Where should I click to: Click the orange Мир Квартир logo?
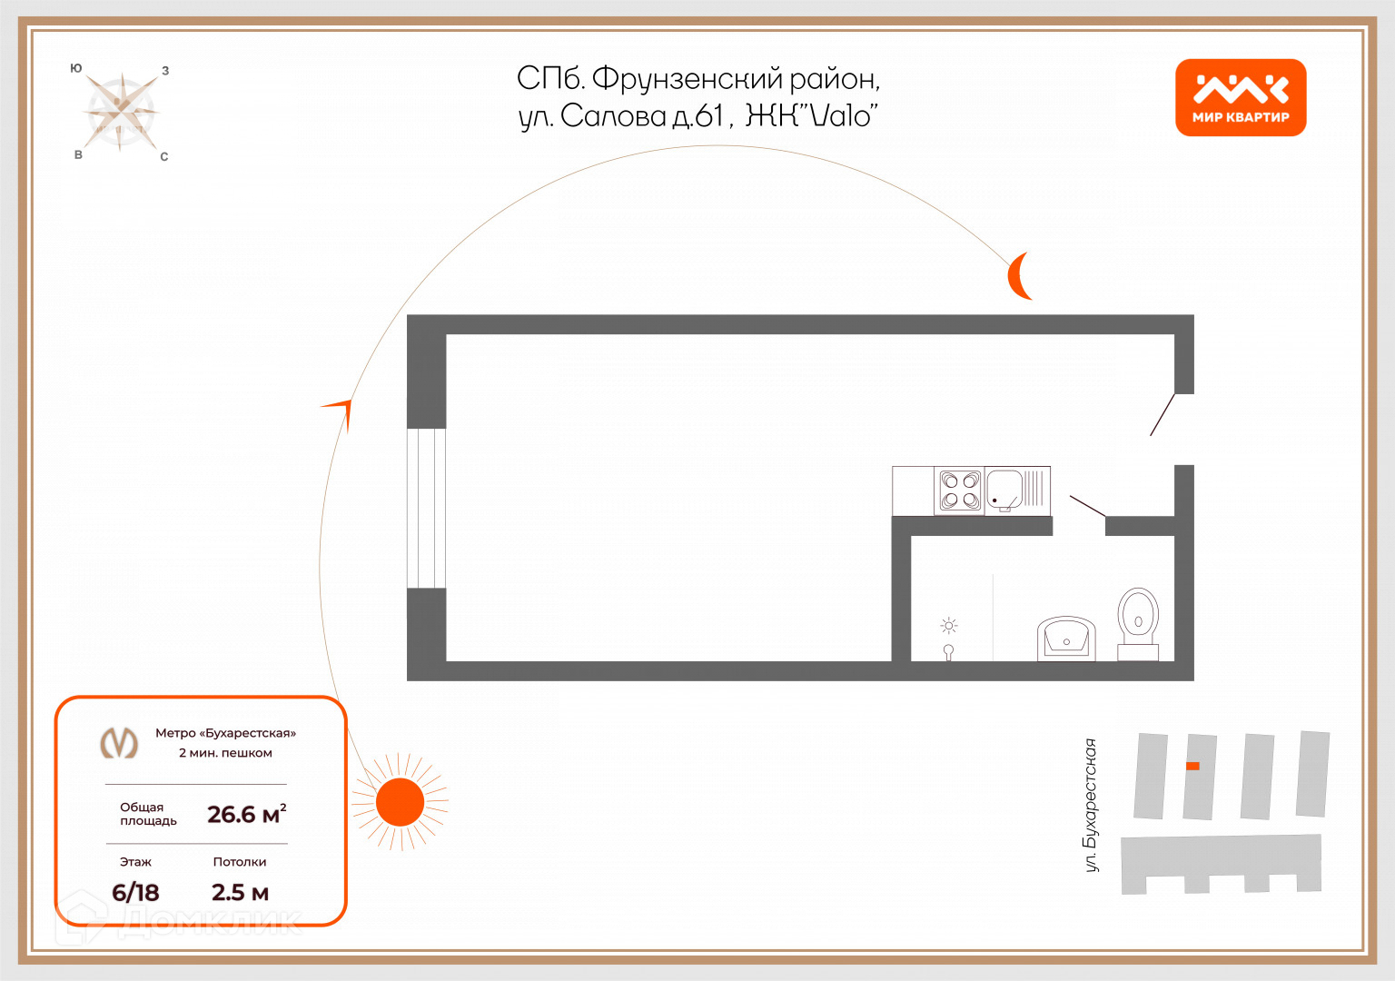point(1240,97)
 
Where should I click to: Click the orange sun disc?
point(400,802)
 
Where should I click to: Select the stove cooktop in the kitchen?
point(959,490)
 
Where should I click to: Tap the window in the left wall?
point(426,508)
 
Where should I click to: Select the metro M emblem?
point(119,742)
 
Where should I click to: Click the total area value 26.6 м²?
point(246,814)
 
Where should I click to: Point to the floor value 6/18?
point(135,892)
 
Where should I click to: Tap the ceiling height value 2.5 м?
point(240,892)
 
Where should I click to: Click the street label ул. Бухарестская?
point(1091,805)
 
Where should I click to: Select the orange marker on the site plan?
point(1192,766)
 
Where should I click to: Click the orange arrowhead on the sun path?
point(340,410)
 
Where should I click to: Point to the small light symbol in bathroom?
point(949,626)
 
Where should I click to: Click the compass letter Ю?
point(76,68)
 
